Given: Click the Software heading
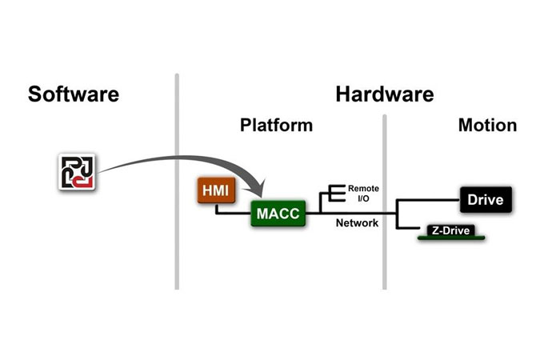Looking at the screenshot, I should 74,94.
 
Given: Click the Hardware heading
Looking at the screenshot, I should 385,94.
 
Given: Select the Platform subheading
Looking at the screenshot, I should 276,126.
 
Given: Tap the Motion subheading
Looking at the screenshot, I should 487,126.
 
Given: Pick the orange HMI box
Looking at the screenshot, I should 214,190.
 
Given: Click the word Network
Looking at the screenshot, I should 357,223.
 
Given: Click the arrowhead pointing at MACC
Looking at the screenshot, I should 258,194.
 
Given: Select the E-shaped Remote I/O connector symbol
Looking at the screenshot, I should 333,193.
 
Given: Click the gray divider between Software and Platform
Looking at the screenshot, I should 176,184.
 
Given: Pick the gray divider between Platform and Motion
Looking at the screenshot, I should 384,200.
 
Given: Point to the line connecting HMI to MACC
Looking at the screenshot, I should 232,214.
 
